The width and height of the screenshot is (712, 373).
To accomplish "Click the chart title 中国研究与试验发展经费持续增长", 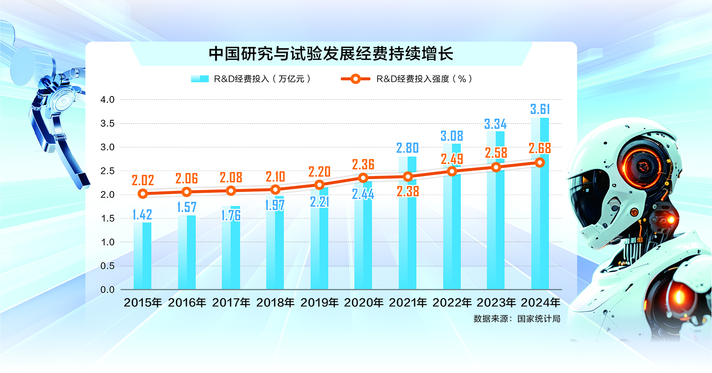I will pos(331,54).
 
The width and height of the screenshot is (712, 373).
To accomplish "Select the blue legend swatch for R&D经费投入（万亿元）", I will pos(200,79).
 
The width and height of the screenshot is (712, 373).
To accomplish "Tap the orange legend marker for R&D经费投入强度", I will pos(355,79).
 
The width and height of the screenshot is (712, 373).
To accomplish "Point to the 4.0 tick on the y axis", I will pos(107,100).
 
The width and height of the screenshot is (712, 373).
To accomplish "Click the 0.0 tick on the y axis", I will pos(107,290).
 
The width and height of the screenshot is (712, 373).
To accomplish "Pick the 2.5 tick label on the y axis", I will pos(107,171).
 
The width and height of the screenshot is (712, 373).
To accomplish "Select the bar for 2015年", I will pos(142,256).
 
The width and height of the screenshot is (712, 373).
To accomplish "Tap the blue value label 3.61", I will pos(540,109).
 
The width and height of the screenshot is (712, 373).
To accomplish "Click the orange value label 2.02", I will pos(143,180).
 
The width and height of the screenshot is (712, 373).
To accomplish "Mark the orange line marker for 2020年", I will pos(363,178).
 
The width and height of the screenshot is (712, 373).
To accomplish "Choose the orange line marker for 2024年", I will pos(540,163).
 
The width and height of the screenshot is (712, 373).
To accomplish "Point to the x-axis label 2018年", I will pos(275,303).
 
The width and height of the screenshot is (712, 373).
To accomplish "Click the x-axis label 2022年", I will pos(452,303).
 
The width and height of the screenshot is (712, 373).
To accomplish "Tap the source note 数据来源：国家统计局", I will pos(517,319).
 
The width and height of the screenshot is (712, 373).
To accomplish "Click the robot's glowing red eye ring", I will pos(642,166).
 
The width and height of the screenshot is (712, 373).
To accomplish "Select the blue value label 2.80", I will pos(408,148).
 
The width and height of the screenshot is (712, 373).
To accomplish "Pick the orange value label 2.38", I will pos(408,191).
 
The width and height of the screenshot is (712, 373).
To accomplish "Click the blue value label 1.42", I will pos(142,215).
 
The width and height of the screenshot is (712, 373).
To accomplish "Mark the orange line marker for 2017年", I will pos(231,191).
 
